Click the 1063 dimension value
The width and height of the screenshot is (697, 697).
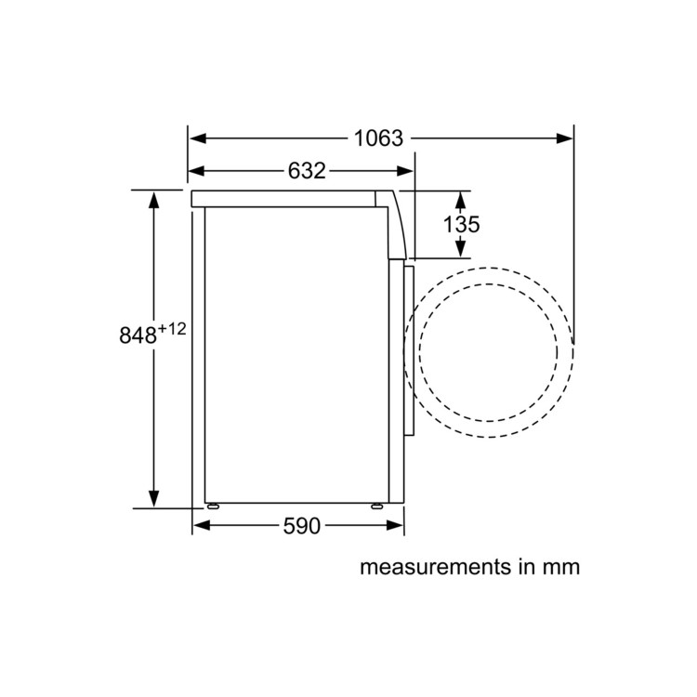pos(378,138)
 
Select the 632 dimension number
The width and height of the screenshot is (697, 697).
pos(307,171)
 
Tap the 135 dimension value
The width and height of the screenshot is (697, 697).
pos(461,224)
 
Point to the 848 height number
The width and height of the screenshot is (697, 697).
pos(138,335)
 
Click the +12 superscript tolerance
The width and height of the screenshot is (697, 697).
pos(172,329)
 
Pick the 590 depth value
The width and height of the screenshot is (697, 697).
pos(301,526)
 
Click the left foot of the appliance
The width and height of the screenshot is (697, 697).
pos(213,506)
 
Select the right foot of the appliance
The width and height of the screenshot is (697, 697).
pos(377,506)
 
